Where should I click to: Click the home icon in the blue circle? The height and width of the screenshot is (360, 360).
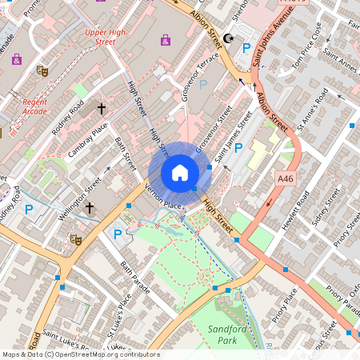tap(179, 173)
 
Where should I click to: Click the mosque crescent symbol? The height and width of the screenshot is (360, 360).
tap(230, 38)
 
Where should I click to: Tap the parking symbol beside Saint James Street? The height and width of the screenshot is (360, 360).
tap(238, 148)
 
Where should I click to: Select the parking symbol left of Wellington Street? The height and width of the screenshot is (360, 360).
tap(29, 210)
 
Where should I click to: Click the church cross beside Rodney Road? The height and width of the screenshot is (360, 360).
tap(102, 108)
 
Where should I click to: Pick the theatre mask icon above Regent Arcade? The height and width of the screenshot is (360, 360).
tap(41, 70)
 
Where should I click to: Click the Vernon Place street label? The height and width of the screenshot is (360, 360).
tap(163, 197)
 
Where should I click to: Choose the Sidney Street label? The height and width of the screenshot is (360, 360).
tap(326, 207)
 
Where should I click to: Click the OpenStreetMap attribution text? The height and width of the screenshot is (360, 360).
tap(80, 354)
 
